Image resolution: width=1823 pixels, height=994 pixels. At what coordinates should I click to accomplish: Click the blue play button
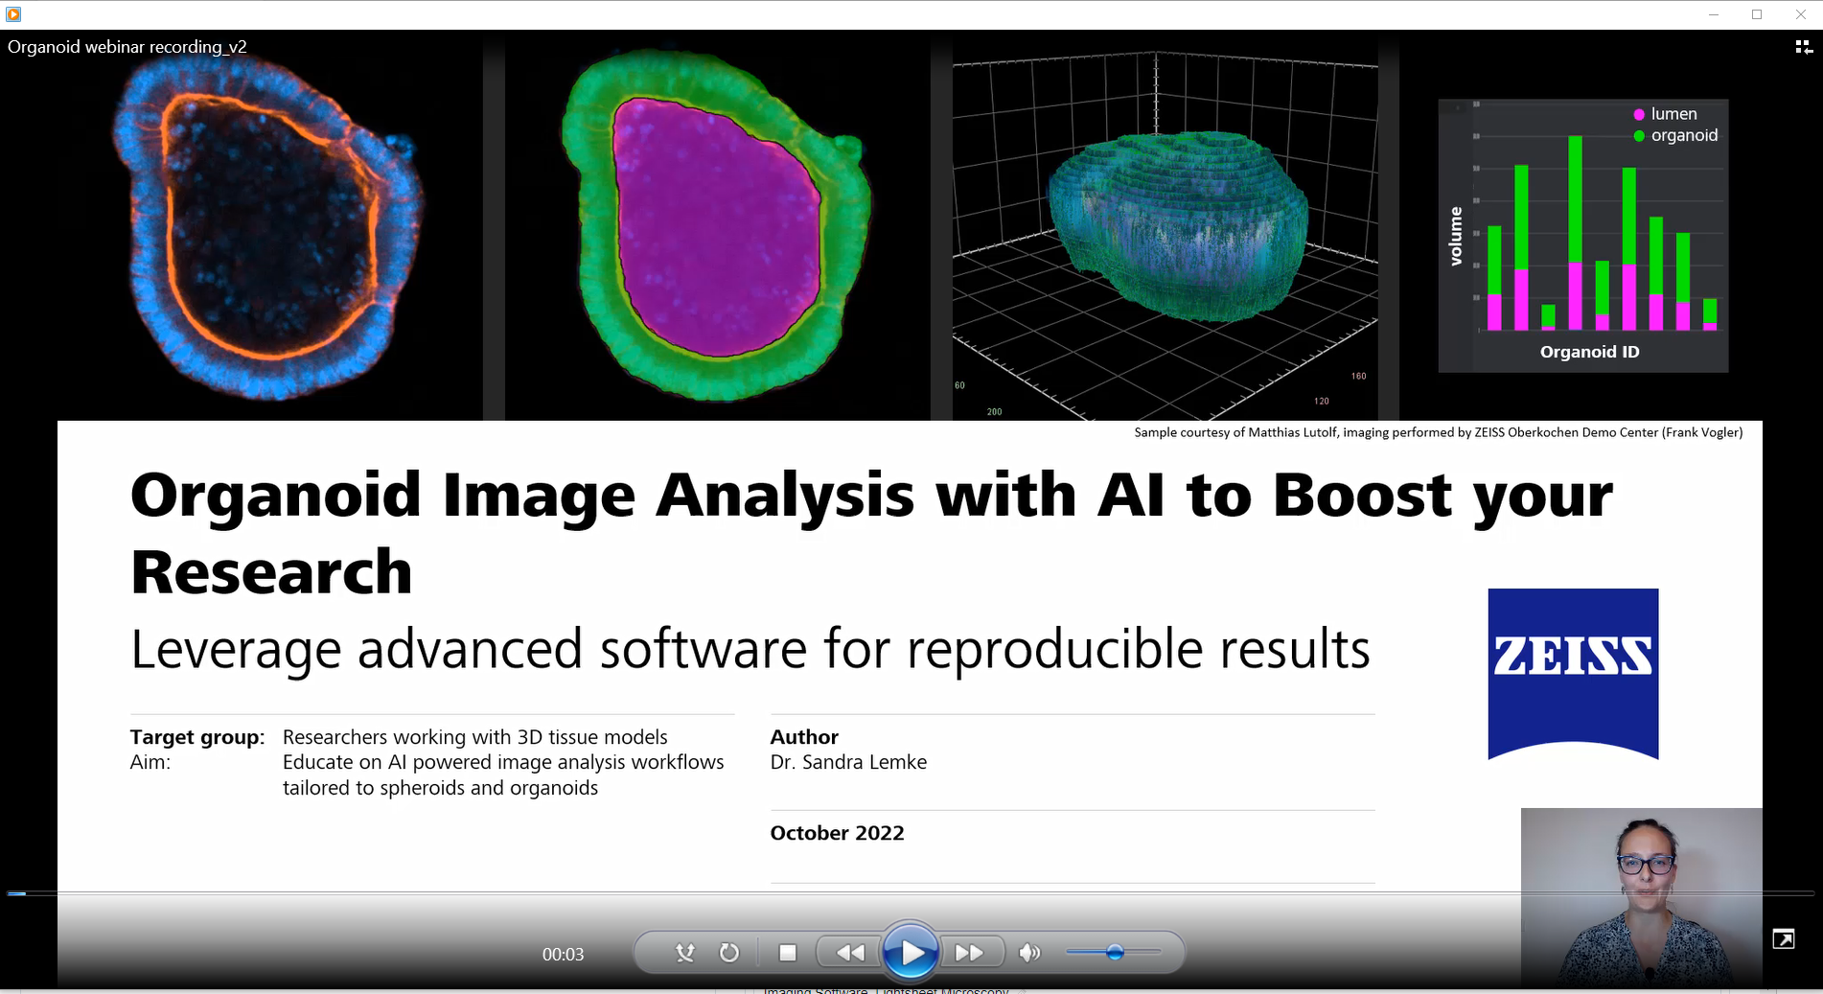point(910,952)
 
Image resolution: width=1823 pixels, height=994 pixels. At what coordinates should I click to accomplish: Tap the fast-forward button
point(969,953)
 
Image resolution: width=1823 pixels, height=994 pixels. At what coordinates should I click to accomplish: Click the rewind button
point(849,953)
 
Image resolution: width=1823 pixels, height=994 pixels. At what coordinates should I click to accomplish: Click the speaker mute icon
point(1029,953)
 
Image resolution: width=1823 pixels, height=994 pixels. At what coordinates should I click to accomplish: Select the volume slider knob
point(1114,952)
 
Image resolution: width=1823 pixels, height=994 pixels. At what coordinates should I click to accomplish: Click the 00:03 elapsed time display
point(563,955)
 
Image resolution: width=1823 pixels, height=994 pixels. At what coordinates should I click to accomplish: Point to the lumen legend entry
point(1673,114)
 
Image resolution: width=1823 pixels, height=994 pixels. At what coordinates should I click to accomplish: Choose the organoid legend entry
point(1683,135)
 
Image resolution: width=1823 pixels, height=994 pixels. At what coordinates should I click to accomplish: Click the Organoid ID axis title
point(1589,352)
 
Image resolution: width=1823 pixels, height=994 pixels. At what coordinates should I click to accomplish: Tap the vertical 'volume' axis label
point(1456,236)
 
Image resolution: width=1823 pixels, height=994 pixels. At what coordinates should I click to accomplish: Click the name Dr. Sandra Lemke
point(848,762)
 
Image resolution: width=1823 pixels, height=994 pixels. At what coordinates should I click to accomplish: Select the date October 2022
point(837,833)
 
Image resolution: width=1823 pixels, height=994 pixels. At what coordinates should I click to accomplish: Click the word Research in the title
point(271,573)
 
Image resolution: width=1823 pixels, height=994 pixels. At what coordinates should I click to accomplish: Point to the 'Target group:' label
point(197,737)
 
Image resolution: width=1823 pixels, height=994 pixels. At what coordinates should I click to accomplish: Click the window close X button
point(1800,14)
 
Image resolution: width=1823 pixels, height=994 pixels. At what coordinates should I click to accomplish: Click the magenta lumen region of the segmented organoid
point(714,230)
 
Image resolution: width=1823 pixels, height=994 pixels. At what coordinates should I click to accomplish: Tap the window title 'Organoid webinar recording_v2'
point(127,47)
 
